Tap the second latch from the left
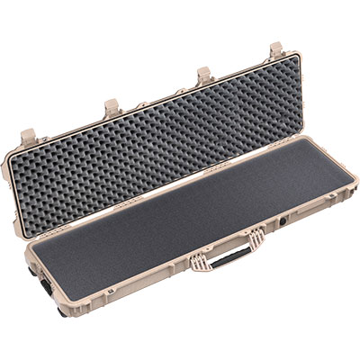tap(112, 107)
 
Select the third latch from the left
tap(204, 76)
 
